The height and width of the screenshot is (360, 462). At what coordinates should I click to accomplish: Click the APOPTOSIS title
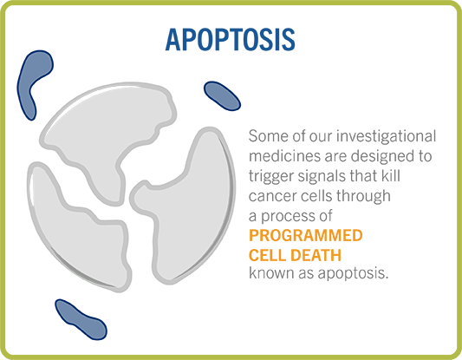point(230,40)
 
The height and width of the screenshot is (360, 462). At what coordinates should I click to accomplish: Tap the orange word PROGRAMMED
point(306,235)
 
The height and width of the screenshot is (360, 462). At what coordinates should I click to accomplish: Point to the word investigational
point(387,137)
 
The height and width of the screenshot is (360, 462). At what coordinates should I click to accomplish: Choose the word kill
point(391,175)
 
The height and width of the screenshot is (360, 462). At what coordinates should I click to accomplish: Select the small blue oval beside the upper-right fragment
point(222,95)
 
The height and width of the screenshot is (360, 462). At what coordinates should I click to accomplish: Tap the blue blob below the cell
point(81,319)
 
